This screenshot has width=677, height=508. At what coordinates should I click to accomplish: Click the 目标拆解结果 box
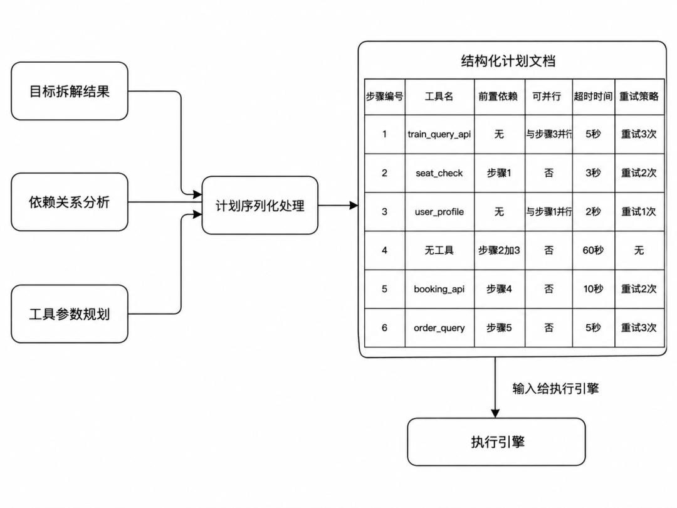[70, 91]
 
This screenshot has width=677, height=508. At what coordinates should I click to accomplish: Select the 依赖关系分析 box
[70, 202]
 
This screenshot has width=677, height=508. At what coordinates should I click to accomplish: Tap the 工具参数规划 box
[70, 314]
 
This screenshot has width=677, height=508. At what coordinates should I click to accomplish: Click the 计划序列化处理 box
[260, 206]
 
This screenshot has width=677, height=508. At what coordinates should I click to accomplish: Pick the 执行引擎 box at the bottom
[496, 442]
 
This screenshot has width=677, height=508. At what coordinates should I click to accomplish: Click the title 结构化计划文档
[508, 61]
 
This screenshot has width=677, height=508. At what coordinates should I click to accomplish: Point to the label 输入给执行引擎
[555, 388]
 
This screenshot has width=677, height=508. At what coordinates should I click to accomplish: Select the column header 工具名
[439, 97]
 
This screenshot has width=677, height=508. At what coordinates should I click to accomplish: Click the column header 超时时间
[593, 97]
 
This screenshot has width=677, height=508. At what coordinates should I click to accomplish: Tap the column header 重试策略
[639, 97]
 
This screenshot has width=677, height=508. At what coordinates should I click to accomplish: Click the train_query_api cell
[439, 134]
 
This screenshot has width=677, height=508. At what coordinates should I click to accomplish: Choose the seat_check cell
[439, 173]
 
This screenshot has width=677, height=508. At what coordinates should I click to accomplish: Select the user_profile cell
[439, 212]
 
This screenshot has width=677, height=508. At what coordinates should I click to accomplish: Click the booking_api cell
[439, 289]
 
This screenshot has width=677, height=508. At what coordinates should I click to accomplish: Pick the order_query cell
[439, 328]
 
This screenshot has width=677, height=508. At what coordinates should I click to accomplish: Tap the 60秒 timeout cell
[593, 250]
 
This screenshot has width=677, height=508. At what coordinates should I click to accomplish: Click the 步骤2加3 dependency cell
[500, 250]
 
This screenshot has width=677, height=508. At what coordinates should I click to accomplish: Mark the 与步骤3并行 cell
[548, 134]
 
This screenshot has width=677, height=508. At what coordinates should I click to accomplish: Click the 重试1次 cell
[639, 212]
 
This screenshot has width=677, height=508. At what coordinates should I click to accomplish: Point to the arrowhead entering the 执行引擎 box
[495, 414]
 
